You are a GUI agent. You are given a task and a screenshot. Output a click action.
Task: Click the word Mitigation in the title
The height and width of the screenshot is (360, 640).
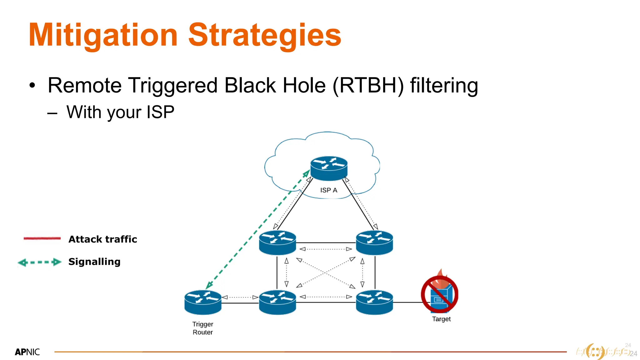pyautogui.click(x=103, y=35)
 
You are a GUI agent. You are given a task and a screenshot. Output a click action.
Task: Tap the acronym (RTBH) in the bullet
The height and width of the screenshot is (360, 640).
pyautogui.click(x=368, y=85)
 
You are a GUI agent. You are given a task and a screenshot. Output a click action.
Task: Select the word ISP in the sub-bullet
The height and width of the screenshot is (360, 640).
pyautogui.click(x=160, y=112)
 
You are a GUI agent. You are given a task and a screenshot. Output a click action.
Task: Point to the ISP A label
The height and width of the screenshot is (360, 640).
pyautogui.click(x=328, y=190)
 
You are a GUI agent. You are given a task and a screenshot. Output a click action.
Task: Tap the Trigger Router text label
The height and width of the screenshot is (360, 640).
pyautogui.click(x=202, y=328)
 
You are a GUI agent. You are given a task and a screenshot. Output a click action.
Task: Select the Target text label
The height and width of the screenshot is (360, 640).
pyautogui.click(x=441, y=319)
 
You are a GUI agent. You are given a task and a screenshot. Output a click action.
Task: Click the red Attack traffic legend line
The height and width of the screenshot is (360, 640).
pyautogui.click(x=42, y=238)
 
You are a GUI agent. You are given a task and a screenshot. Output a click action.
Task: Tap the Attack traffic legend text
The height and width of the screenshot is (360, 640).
pyautogui.click(x=103, y=239)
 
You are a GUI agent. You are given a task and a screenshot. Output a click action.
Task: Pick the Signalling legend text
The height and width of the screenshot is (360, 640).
pyautogui.click(x=94, y=262)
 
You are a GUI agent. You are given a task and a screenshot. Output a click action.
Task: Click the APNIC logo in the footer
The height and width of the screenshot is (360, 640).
pyautogui.click(x=27, y=352)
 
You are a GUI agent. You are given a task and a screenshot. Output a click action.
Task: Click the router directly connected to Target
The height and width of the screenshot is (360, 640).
pyautogui.click(x=374, y=302)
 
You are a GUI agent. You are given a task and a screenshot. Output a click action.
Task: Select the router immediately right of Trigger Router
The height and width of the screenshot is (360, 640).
pyautogui.click(x=277, y=302)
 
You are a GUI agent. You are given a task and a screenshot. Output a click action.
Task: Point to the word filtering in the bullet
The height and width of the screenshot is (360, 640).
pyautogui.click(x=444, y=85)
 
